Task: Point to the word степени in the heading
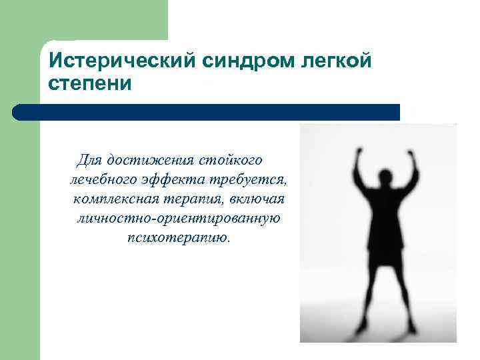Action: [x=91, y=85]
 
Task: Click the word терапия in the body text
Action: [x=197, y=199]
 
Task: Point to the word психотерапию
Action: [x=178, y=238]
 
